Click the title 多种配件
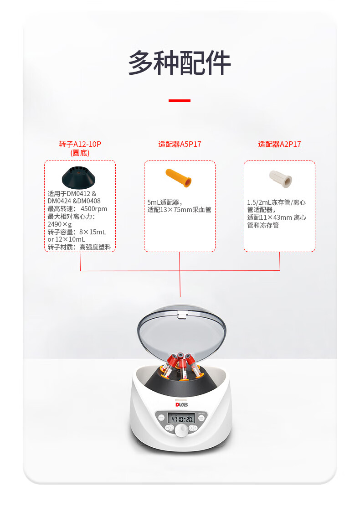[x=180, y=63]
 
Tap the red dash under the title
[x=180, y=101]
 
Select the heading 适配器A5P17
[x=180, y=144]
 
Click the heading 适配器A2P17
[x=279, y=144]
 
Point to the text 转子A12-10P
[x=80, y=144]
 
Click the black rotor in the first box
[x=78, y=177]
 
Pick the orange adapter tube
[x=178, y=177]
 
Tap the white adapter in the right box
[x=281, y=179]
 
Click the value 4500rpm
[x=94, y=209]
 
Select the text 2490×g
[x=60, y=224]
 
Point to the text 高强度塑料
[x=95, y=247]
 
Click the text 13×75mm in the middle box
[x=176, y=210]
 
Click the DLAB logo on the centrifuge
[x=182, y=404]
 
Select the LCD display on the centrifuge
[x=181, y=419]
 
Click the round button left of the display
[x=161, y=418]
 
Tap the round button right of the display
[x=201, y=418]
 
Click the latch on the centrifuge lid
[x=182, y=315]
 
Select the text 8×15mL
[x=93, y=232]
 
